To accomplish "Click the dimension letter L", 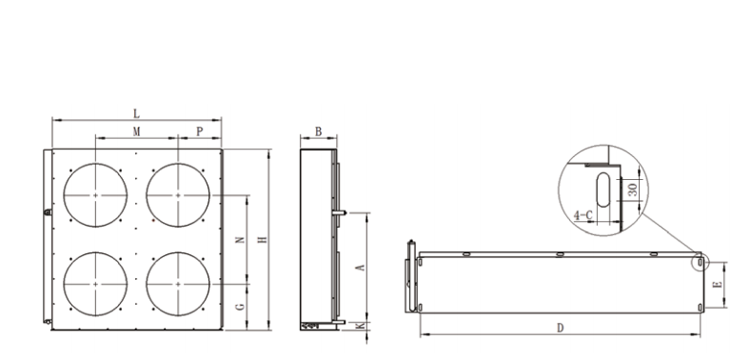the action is tap(136, 113).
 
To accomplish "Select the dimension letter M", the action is tap(136, 131).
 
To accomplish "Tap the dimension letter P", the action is tap(200, 131).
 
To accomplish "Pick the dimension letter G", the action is tap(241, 306).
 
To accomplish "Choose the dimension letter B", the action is tap(319, 131).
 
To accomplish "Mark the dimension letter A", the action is tap(362, 267).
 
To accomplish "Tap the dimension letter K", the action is tap(362, 326).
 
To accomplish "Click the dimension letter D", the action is tap(561, 328).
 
